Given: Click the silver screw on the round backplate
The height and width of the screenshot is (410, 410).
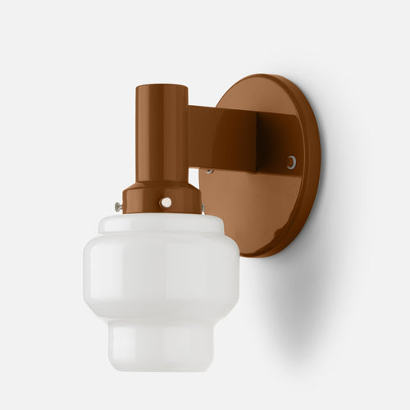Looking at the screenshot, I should click(291, 162).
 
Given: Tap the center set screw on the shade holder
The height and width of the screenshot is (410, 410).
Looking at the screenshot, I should click(166, 202).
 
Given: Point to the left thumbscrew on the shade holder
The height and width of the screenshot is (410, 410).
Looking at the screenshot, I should click(120, 208).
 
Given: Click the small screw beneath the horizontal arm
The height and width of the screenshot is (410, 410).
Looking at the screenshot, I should click(210, 171).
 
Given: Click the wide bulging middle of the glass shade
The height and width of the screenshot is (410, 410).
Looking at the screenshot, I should click(162, 275).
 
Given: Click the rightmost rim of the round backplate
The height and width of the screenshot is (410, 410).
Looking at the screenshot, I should click(319, 164).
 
